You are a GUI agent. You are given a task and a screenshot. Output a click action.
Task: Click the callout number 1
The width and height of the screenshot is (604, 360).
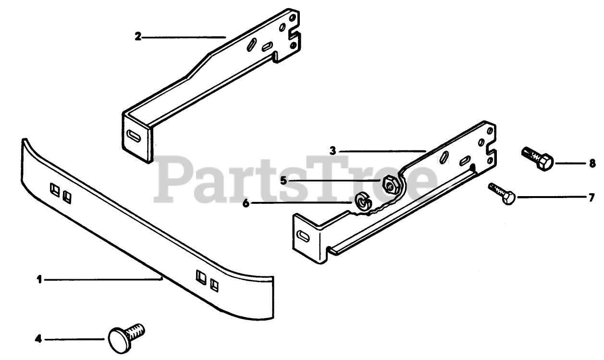pos(40,279)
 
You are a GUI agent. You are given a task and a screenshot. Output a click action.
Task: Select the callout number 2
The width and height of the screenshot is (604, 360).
pos(138,37)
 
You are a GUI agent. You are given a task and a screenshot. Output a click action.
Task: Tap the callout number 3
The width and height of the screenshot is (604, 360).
pos(333,150)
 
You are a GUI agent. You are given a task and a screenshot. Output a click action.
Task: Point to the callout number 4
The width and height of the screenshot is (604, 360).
pos(38,339)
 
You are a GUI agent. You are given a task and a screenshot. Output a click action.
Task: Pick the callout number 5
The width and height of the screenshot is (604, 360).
pos(283,181)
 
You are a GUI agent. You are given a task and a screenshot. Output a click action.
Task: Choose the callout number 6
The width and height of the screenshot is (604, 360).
pos(246,203)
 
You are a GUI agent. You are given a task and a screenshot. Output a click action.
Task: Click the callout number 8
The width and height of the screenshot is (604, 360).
pos(592,163)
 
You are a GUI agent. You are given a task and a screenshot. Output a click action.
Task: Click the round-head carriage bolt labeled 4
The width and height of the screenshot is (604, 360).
pos(125,335)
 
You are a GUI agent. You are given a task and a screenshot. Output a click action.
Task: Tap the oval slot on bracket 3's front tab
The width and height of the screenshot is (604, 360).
pos(305,236)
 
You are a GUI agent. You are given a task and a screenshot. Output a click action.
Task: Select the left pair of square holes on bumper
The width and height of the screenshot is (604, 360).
pos(61,192)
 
